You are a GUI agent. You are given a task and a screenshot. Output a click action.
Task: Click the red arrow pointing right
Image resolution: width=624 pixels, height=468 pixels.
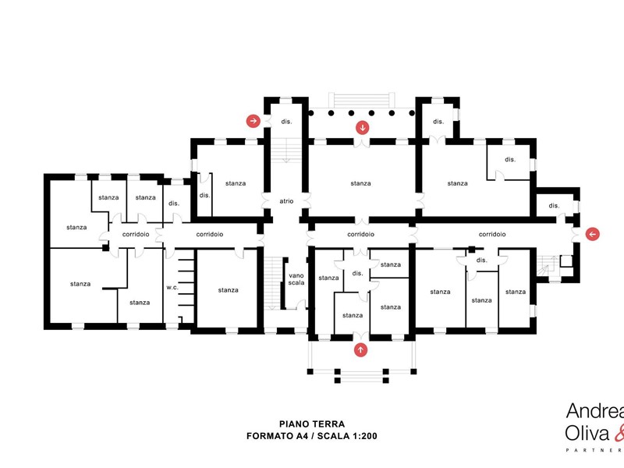(253, 121)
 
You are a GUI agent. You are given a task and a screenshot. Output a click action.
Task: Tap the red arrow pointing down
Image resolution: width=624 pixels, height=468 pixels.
(362, 128)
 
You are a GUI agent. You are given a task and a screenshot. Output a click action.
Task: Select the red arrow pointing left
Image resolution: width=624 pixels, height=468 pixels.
(593, 234)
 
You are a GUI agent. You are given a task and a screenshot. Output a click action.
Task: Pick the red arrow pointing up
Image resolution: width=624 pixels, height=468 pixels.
(360, 349)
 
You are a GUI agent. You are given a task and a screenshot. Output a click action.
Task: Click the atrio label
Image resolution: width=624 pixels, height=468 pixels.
(286, 201)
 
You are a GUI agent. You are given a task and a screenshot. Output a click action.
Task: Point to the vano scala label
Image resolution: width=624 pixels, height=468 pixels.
(296, 279)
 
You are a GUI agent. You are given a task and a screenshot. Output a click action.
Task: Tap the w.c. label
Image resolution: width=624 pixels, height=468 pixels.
(172, 287)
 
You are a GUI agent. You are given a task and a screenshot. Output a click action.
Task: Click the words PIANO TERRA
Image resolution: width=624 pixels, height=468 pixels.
(312, 424)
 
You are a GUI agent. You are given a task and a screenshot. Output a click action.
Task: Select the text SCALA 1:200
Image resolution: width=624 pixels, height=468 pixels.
(347, 436)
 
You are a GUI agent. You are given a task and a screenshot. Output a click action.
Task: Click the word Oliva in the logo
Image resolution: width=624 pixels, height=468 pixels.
(587, 434)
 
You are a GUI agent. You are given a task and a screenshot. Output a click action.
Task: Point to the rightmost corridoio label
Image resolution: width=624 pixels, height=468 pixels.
(492, 235)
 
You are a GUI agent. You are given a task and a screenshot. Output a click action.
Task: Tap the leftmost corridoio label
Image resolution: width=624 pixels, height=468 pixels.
(136, 235)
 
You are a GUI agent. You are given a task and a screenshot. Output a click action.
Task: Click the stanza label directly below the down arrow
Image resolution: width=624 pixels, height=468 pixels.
(360, 183)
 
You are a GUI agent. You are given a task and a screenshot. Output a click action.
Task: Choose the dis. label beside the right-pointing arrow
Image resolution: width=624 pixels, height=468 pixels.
(286, 122)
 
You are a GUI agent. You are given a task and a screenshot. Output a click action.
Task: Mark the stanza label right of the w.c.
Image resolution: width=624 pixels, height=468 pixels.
(228, 290)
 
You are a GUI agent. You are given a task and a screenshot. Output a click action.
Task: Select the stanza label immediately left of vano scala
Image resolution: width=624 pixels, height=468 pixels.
(228, 290)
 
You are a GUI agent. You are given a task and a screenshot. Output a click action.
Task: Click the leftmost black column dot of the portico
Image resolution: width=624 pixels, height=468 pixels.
(310, 113)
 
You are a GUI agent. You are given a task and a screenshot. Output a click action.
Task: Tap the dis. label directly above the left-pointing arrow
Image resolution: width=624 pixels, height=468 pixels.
(554, 206)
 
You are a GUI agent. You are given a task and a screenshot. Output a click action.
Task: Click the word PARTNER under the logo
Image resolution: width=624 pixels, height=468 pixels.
(595, 451)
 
